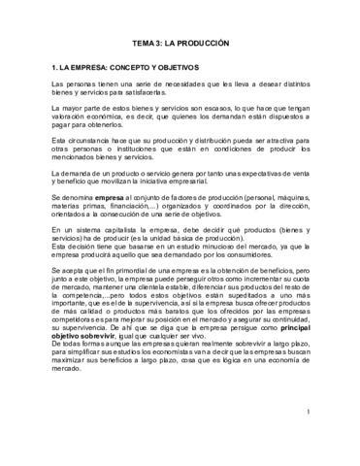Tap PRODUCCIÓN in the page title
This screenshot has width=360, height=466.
pos(203,44)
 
